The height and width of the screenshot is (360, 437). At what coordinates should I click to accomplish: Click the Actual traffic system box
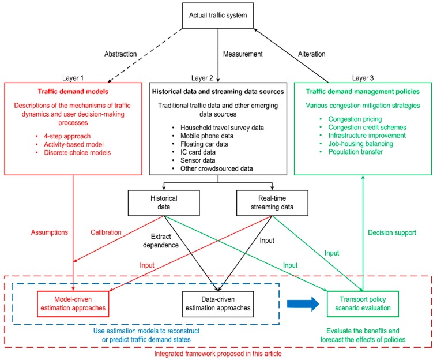click(218, 16)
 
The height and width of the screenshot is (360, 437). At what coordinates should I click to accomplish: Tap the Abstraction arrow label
click(120, 54)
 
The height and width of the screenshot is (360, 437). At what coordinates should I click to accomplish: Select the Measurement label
click(243, 54)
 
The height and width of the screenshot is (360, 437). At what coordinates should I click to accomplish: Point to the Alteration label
click(311, 54)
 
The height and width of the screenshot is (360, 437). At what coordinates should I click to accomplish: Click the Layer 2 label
click(202, 78)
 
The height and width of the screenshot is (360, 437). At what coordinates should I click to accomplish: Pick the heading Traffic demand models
click(73, 92)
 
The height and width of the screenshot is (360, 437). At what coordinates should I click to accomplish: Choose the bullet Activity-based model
click(74, 144)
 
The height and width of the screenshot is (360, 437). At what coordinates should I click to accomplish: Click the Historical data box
click(164, 203)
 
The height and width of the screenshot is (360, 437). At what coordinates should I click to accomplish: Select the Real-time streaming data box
click(272, 203)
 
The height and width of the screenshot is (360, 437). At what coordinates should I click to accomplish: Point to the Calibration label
click(106, 232)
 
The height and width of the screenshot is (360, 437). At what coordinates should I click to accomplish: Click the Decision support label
click(392, 233)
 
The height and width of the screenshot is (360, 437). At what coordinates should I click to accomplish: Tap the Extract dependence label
click(161, 241)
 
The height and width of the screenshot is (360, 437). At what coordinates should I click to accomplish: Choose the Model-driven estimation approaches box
click(73, 304)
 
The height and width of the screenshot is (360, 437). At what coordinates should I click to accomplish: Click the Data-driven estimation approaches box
click(218, 304)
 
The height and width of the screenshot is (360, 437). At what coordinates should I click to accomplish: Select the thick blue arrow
click(303, 303)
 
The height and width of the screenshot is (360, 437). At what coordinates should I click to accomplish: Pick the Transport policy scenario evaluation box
click(363, 304)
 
